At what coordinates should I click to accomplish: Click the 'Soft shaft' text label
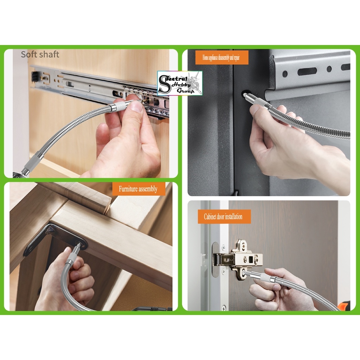40,54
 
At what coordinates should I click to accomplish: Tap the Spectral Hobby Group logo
180,83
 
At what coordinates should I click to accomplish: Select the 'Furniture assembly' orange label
138,189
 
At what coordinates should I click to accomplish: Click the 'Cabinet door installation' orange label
223,217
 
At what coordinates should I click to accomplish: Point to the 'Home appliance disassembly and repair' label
221,58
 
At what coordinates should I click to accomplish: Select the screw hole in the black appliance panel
245,95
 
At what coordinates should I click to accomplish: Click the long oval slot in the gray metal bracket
307,71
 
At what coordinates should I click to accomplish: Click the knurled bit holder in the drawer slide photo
117,107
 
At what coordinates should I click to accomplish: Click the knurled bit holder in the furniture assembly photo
73,256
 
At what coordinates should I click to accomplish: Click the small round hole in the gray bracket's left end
285,74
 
